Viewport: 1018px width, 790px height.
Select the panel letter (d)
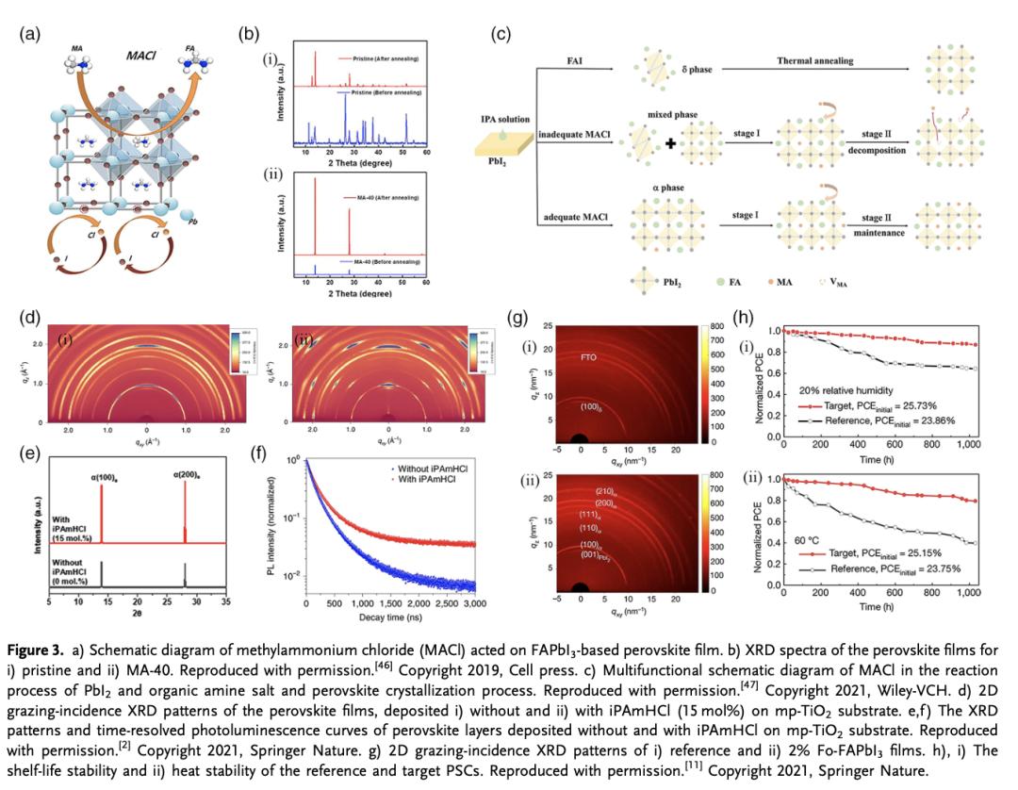point(30,316)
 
